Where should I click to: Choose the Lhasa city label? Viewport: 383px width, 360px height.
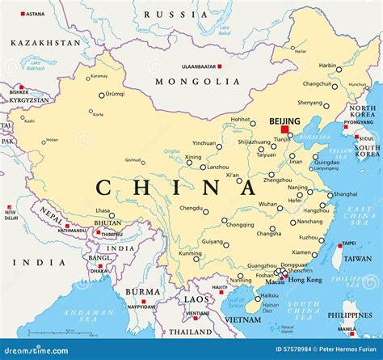(103, 211)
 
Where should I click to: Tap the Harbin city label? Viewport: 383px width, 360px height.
(327, 66)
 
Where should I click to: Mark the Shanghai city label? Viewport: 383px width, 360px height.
(345, 194)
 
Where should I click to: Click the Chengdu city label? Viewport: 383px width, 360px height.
(191, 207)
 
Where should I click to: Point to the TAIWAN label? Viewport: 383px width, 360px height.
(358, 258)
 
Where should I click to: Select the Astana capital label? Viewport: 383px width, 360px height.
(35, 14)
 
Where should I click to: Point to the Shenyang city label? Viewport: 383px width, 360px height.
(310, 103)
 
